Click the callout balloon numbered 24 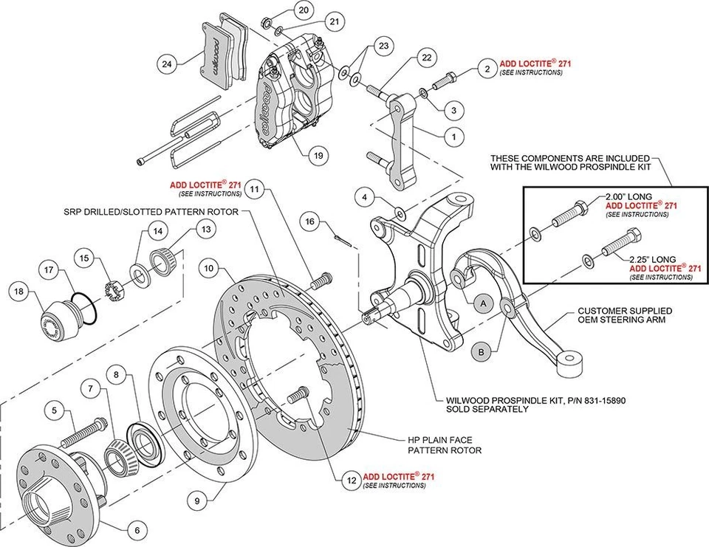167,64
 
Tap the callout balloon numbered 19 318,156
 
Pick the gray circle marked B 481,353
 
